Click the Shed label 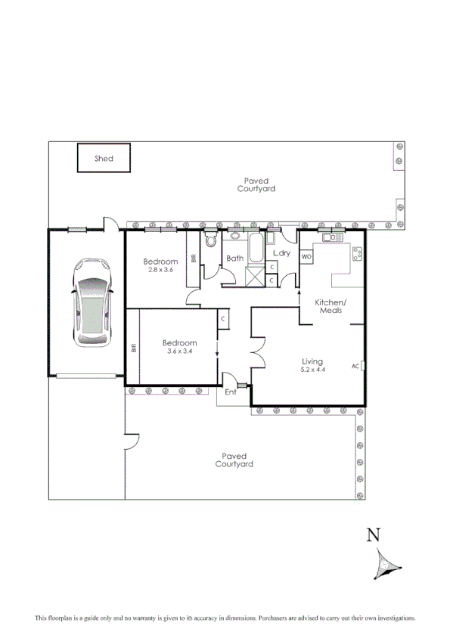click(104, 159)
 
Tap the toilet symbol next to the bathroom click(211, 243)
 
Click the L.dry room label click(281, 252)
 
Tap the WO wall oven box click(307, 257)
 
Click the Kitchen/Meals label click(330, 306)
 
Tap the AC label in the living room click(355, 367)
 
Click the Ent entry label click(231, 392)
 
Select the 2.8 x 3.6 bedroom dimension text click(161, 270)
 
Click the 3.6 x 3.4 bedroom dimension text click(180, 350)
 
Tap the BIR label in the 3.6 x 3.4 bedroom click(133, 349)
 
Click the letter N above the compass click(373, 536)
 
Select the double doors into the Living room click(258, 353)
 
